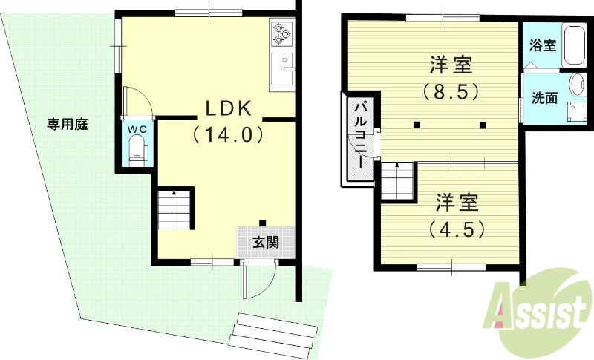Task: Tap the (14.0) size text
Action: click(x=229, y=135)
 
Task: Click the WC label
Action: click(x=137, y=128)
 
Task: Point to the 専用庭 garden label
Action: click(x=68, y=124)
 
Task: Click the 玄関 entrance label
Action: click(x=266, y=242)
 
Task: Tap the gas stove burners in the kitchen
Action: click(x=281, y=32)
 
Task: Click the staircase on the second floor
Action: click(x=397, y=180)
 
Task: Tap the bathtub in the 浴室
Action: click(x=575, y=47)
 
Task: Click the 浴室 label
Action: click(x=542, y=45)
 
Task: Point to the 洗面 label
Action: click(x=545, y=97)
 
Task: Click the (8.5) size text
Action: click(x=450, y=93)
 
